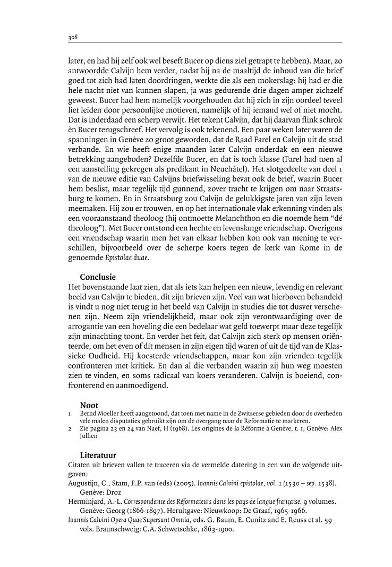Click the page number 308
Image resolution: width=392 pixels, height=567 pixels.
click(74, 38)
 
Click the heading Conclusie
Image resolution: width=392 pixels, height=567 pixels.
click(98, 277)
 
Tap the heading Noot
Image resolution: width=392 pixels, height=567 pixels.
click(89, 405)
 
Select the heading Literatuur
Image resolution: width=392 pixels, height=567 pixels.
click(98, 455)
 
